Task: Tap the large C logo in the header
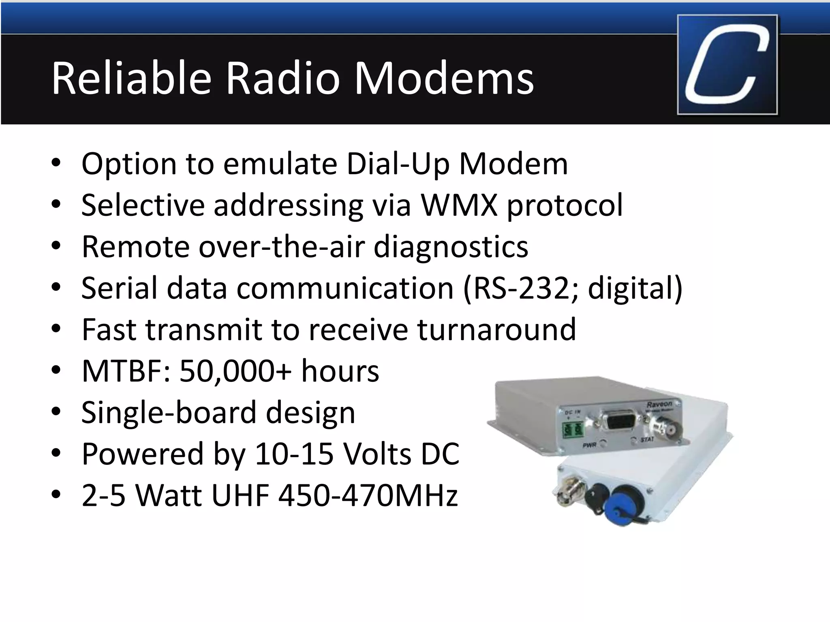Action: tap(727, 65)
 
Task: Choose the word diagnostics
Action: tap(451, 247)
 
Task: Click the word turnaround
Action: tap(496, 329)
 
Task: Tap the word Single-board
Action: tap(169, 413)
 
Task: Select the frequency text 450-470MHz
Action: tap(368, 496)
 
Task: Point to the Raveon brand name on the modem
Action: tap(659, 404)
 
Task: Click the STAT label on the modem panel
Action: tap(647, 439)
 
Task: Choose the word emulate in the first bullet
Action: tap(280, 164)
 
